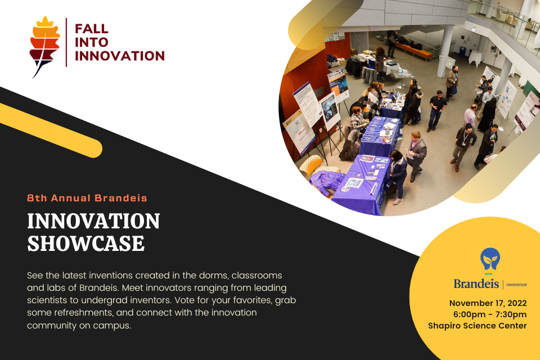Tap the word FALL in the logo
point(91,29)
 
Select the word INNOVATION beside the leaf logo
point(119,56)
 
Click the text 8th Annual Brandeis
point(87,198)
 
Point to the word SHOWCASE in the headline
point(85,244)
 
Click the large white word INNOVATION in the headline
point(93,221)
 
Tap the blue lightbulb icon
point(490,260)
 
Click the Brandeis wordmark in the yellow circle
point(476,283)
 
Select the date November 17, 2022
point(488,303)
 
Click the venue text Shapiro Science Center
point(478,326)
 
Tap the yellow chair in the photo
point(310,165)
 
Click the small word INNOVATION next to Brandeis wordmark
point(516,285)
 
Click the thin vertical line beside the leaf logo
point(66,42)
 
